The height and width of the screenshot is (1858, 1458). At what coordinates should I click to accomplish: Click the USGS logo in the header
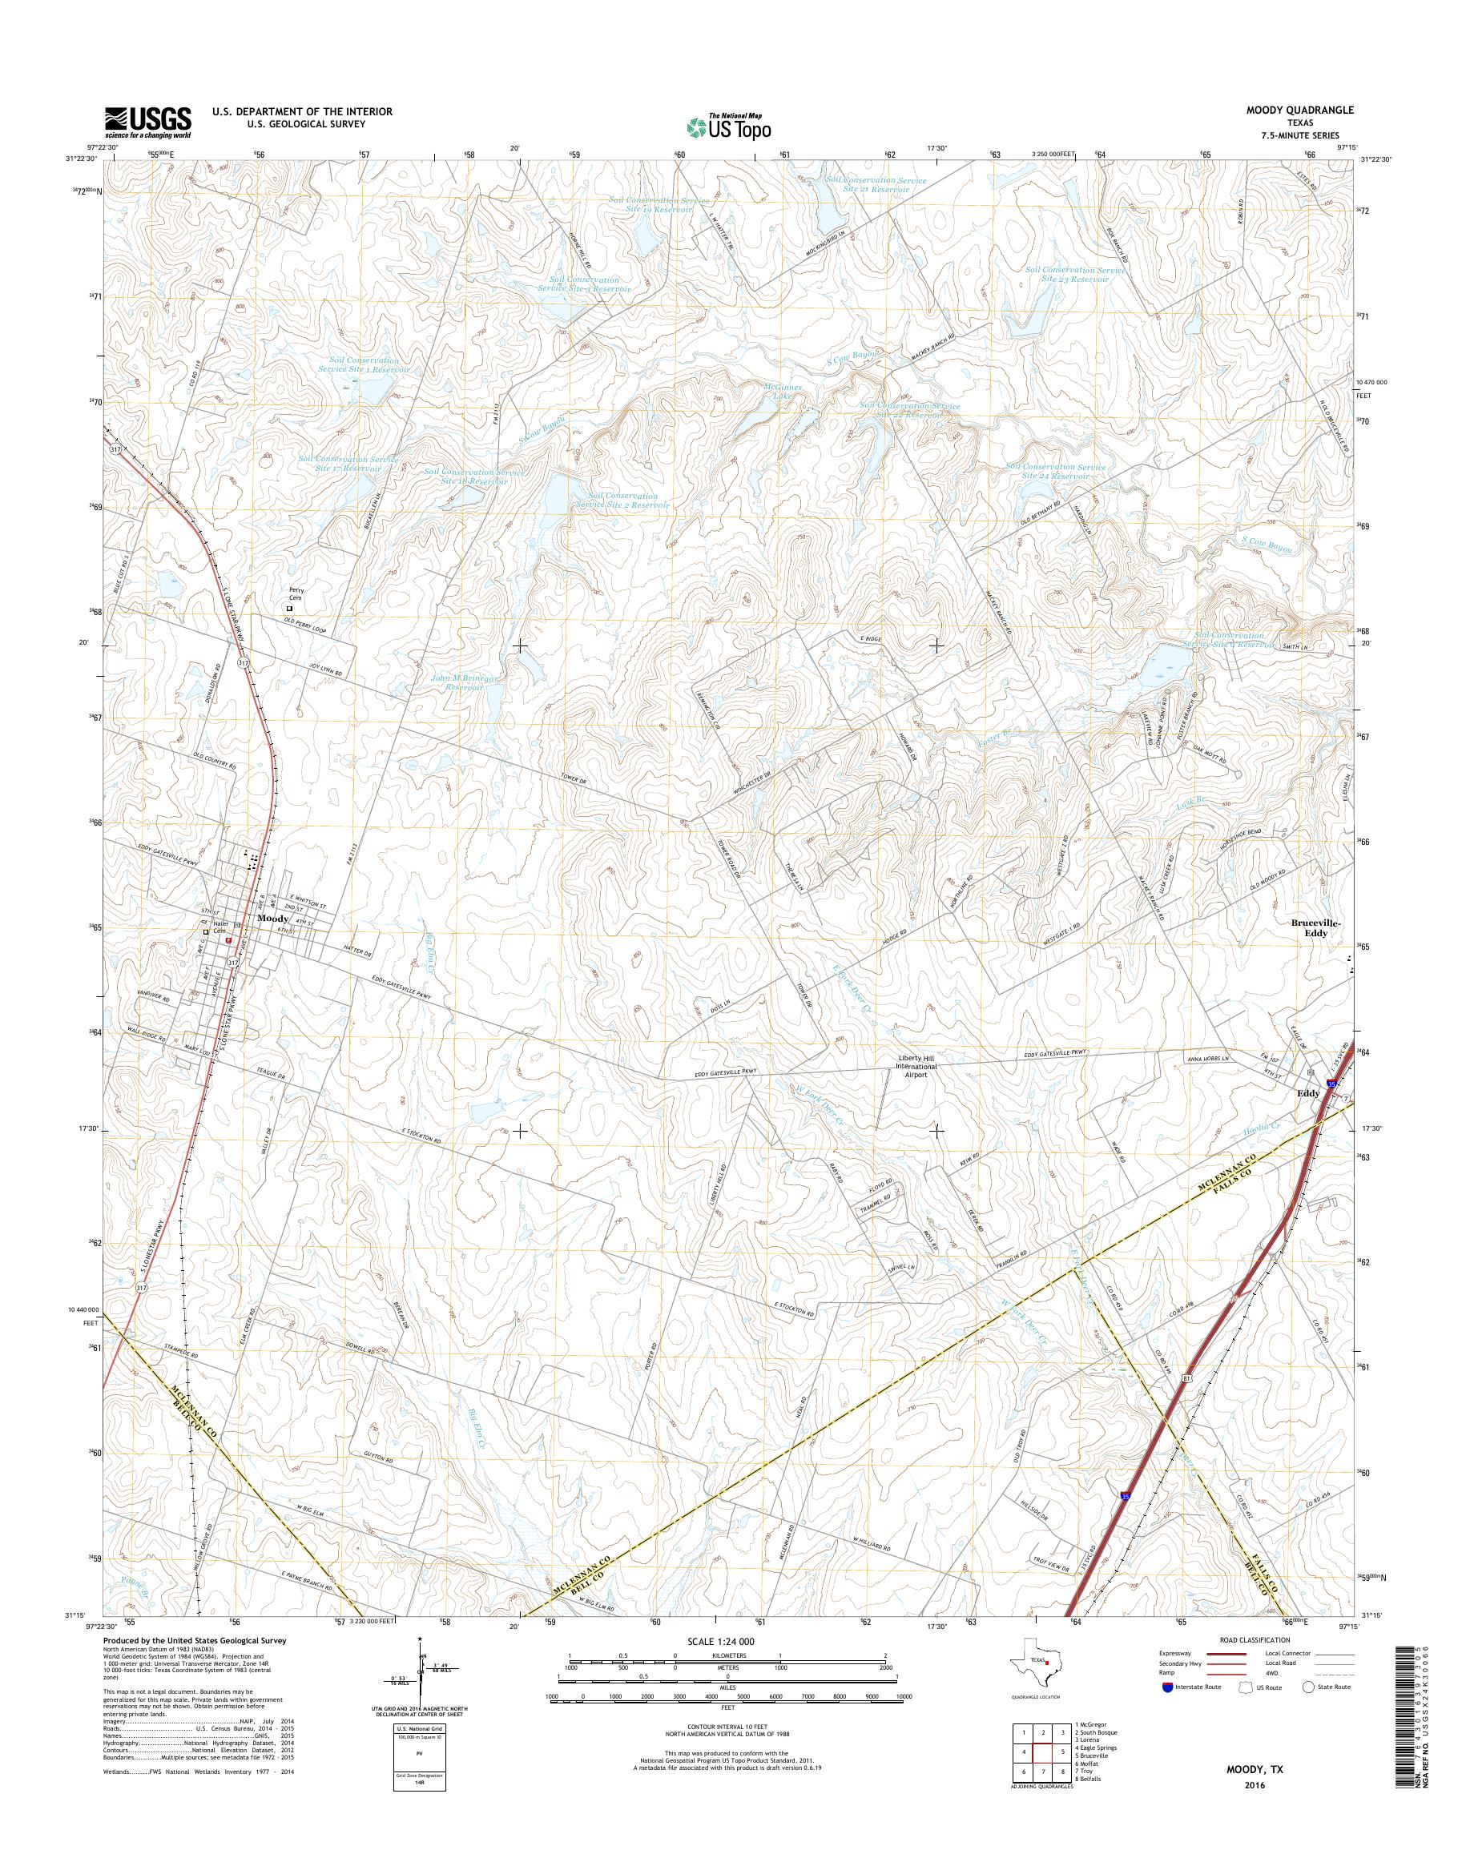tap(147, 122)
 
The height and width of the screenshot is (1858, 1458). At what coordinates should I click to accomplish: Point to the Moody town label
tap(273, 918)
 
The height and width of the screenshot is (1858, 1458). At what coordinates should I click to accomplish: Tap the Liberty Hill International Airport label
tap(916, 1066)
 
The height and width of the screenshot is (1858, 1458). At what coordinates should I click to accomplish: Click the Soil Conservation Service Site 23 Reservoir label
tap(1076, 274)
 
